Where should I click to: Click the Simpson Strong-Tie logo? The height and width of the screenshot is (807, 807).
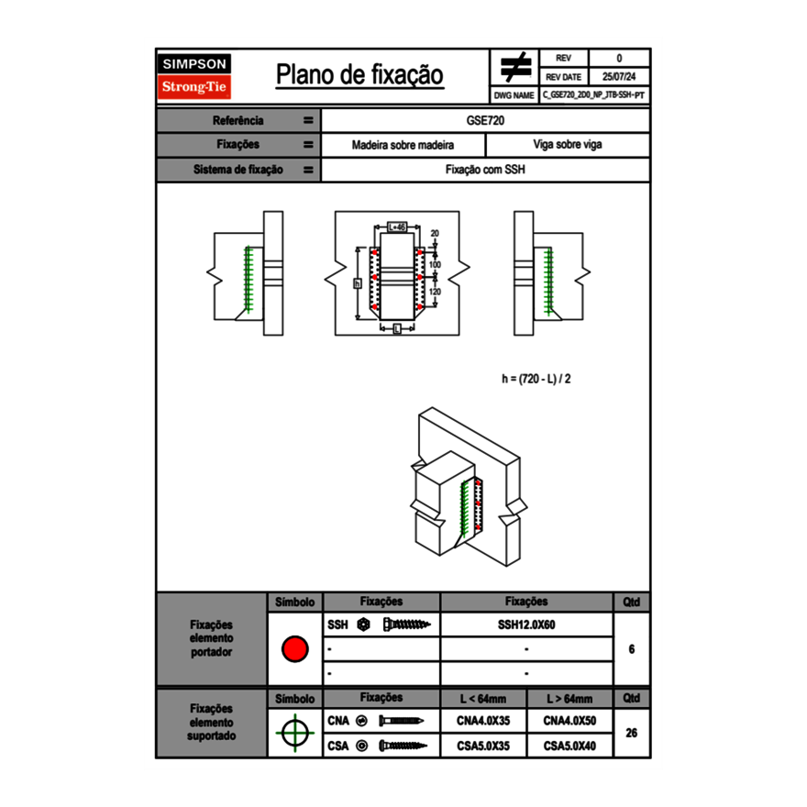click(x=195, y=76)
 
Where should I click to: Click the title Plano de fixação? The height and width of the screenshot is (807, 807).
click(x=359, y=75)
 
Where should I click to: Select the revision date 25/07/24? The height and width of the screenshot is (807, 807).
click(x=619, y=77)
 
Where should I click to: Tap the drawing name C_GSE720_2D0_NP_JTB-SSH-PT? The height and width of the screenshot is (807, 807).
click(x=594, y=95)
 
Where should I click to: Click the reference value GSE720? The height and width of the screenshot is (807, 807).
click(x=485, y=120)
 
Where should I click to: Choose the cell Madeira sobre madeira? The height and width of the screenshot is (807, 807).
click(x=403, y=145)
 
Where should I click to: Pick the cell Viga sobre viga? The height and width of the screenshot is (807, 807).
click(x=567, y=145)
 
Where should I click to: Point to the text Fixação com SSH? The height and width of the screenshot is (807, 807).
click(x=485, y=170)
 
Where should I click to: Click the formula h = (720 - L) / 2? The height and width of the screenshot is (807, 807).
click(x=542, y=378)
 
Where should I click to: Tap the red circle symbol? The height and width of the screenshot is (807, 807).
click(x=294, y=649)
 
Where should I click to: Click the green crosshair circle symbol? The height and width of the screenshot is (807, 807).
click(x=294, y=734)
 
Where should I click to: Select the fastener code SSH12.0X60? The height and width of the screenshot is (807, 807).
click(x=526, y=625)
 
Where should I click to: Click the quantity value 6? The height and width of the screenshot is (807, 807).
click(x=632, y=649)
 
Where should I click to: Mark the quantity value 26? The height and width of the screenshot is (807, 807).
click(x=632, y=734)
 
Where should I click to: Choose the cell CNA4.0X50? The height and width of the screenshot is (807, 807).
click(x=569, y=722)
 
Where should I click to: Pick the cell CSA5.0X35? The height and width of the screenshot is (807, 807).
click(x=483, y=746)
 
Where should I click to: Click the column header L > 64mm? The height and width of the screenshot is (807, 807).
click(x=569, y=699)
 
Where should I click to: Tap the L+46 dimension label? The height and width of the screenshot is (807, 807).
click(x=396, y=226)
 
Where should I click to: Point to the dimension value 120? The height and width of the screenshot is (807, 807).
click(x=435, y=292)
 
